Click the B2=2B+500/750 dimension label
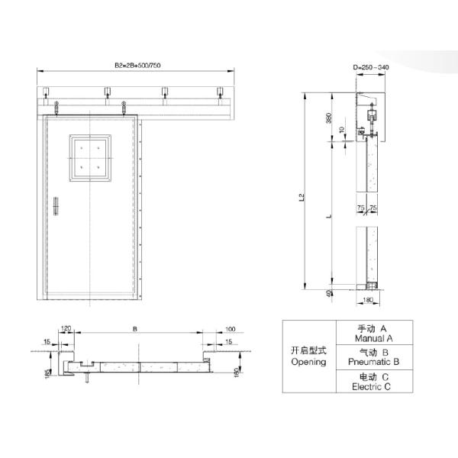(137, 65)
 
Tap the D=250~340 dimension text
(371, 67)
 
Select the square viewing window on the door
(90, 158)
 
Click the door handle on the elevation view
(56, 206)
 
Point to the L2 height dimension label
(302, 197)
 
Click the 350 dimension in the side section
(329, 118)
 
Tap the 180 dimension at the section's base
(368, 300)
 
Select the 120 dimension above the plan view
(66, 328)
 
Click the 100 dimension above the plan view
(231, 329)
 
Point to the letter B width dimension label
(135, 329)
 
